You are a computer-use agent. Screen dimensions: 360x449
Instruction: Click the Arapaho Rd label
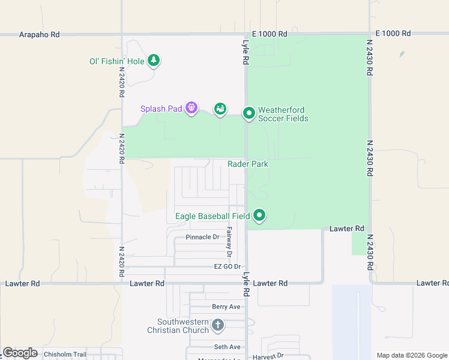pyautogui.click(x=39, y=35)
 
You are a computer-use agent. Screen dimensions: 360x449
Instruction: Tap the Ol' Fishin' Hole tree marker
pyautogui.click(x=154, y=60)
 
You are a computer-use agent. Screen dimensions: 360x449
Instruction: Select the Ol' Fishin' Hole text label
pyautogui.click(x=116, y=61)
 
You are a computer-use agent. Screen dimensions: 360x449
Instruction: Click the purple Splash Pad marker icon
pyautogui.click(x=191, y=108)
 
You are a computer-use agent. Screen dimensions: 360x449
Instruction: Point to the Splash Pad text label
pyautogui.click(x=161, y=109)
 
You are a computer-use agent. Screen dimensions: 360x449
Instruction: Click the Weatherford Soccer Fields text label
pyautogui.click(x=283, y=114)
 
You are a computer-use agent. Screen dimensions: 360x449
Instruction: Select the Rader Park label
pyautogui.click(x=247, y=164)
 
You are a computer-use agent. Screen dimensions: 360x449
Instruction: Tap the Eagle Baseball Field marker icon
pyautogui.click(x=259, y=214)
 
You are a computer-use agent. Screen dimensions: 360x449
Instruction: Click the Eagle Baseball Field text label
pyautogui.click(x=212, y=216)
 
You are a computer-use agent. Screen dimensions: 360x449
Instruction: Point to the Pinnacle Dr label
pyautogui.click(x=202, y=237)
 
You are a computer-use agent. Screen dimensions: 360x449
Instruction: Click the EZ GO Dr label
pyautogui.click(x=227, y=266)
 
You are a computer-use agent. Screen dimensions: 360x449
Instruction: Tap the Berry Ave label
pyautogui.click(x=226, y=307)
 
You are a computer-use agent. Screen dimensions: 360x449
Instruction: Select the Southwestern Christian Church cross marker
pyautogui.click(x=217, y=325)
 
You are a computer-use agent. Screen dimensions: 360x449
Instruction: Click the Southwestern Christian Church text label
pyautogui.click(x=178, y=326)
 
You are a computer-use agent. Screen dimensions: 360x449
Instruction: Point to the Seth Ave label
pyautogui.click(x=227, y=347)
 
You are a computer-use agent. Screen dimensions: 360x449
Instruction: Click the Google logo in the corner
pyautogui.click(x=20, y=353)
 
